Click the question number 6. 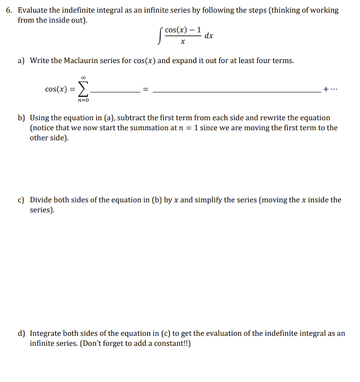pyautogui.click(x=9, y=10)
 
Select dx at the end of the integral pyautogui.click(x=209, y=36)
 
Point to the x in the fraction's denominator pyautogui.click(x=183, y=43)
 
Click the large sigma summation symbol pyautogui.click(x=83, y=89)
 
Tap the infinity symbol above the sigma pyautogui.click(x=83, y=77)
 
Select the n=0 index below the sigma pyautogui.click(x=83, y=100)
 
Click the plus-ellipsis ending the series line pyautogui.click(x=331, y=89)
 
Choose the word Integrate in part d pyautogui.click(x=47, y=334)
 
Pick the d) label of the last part pyautogui.click(x=22, y=334)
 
